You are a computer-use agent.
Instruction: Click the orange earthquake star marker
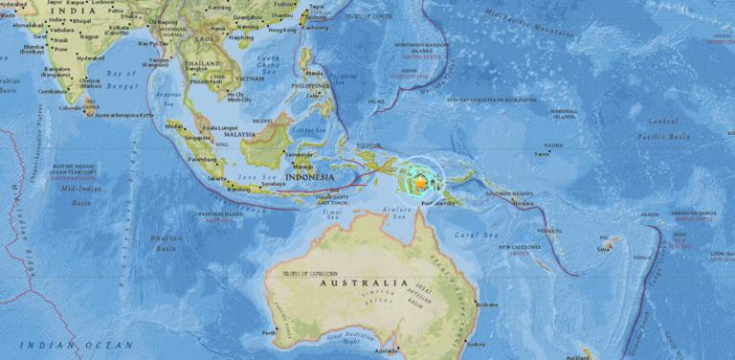click(x=419, y=180)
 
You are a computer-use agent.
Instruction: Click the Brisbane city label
click(x=485, y=305)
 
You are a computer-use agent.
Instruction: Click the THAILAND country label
click(x=203, y=63)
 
